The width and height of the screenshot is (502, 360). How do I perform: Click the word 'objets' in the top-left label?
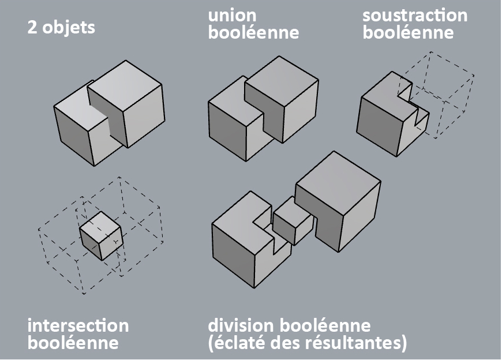[69, 27]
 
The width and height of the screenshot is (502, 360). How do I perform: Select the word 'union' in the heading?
[232, 15]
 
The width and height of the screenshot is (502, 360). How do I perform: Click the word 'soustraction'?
[415, 15]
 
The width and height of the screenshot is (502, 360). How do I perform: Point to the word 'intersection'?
[78, 325]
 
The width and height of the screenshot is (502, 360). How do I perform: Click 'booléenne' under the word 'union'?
[253, 32]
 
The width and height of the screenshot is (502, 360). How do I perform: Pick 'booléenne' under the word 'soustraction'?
[408, 32]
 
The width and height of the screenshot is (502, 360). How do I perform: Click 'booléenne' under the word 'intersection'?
[73, 343]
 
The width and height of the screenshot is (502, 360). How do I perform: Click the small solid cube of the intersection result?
[100, 235]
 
